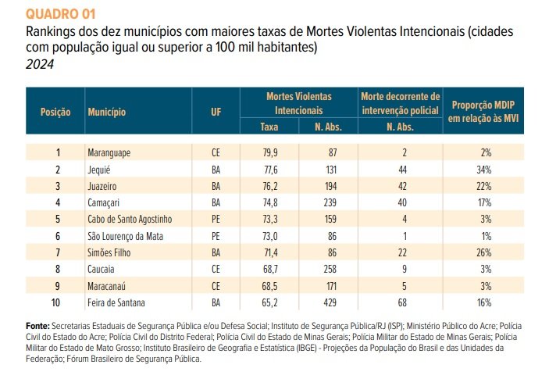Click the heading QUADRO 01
click(61, 14)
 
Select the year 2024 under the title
click(40, 64)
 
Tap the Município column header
click(107, 113)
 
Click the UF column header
click(216, 113)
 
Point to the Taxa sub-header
click(269, 127)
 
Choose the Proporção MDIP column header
click(483, 112)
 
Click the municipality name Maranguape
click(109, 152)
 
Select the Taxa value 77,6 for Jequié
click(270, 170)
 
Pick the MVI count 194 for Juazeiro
click(330, 186)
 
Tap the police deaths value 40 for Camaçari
click(402, 202)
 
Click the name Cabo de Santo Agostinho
click(130, 220)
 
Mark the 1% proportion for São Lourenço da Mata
click(486, 236)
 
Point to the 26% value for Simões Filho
click(484, 252)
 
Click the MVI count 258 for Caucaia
click(330, 269)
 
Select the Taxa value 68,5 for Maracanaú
click(270, 286)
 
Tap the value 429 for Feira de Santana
click(330, 302)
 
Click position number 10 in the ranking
click(55, 302)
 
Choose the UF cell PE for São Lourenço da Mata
click(216, 236)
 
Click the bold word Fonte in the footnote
click(37, 326)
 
